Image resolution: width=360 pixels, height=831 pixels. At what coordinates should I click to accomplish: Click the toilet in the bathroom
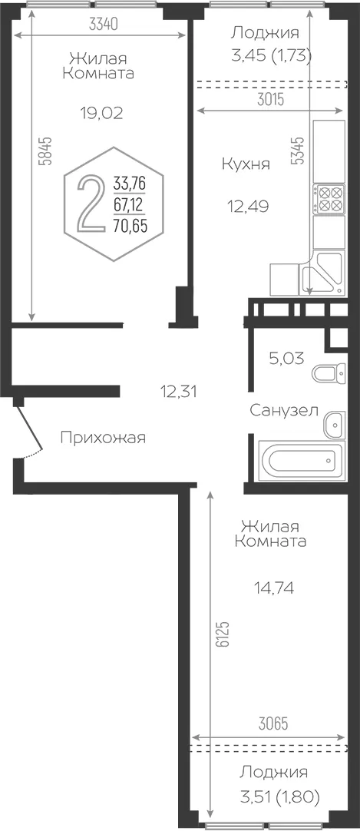coord(329,373)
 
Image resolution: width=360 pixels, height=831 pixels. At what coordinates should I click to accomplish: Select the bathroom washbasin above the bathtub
coord(335,425)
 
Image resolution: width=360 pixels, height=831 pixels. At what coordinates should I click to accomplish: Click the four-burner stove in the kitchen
coord(329,198)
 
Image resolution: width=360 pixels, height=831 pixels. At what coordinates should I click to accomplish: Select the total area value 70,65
coord(130,227)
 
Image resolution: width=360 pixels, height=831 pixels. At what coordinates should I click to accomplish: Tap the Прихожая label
coord(103,439)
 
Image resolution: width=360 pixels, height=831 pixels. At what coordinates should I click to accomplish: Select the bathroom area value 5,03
coord(286,358)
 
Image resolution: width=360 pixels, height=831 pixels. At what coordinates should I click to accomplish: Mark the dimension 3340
coord(103,24)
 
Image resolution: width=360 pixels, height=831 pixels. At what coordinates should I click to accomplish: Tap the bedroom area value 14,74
coord(272,588)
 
